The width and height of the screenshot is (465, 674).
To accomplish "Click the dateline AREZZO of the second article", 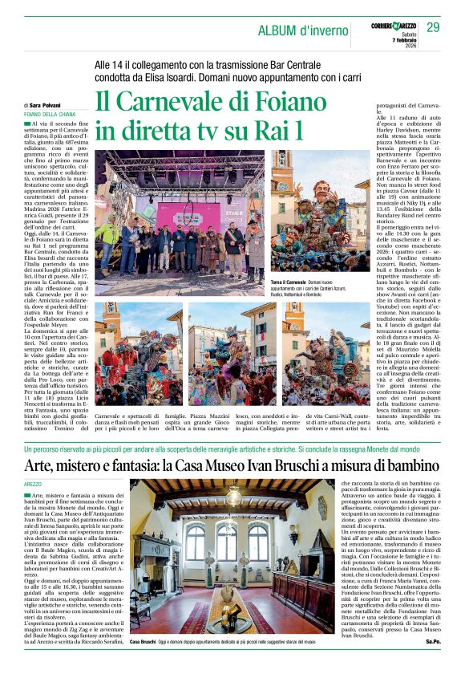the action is click(x=33, y=485).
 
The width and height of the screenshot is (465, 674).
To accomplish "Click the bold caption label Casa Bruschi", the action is click(x=143, y=664).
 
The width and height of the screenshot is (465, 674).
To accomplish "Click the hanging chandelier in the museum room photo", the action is click(x=233, y=499).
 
